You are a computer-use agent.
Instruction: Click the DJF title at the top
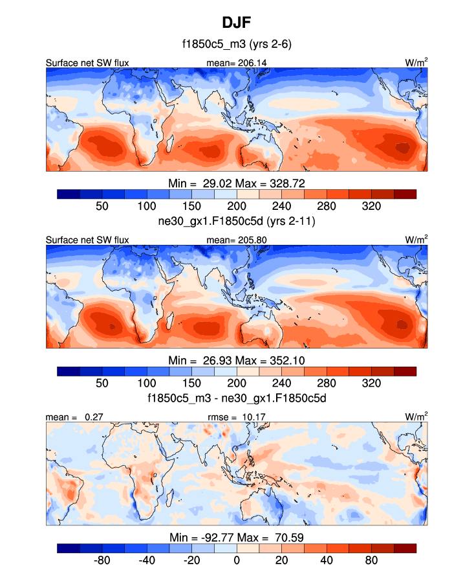point(237,23)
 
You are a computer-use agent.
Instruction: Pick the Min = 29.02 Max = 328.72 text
point(237,183)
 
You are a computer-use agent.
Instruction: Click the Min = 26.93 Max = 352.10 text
point(237,360)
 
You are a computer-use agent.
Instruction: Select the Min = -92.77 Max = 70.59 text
point(237,537)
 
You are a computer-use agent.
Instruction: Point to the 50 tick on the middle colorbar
point(102,383)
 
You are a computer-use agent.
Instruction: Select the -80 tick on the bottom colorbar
point(102,560)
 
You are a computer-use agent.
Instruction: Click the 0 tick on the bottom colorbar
point(237,560)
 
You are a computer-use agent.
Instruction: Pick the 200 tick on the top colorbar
point(237,205)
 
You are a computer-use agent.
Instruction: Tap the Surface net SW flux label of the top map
point(87,63)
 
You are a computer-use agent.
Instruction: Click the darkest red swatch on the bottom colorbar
point(405,548)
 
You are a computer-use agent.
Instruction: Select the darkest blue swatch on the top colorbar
point(68,194)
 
